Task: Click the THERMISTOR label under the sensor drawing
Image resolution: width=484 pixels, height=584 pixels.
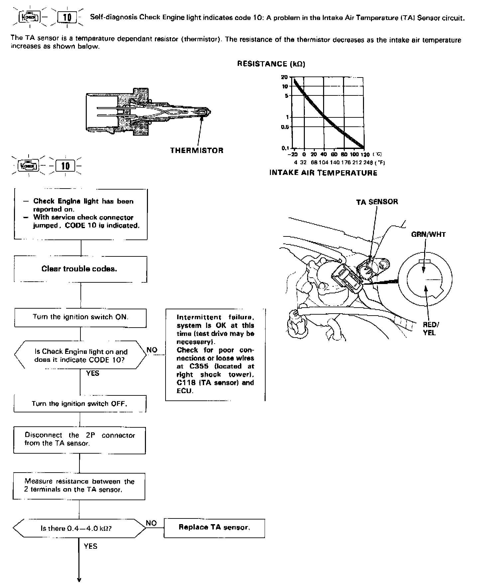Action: coord(197,150)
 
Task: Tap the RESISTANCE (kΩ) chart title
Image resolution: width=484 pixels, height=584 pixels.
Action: coord(271,64)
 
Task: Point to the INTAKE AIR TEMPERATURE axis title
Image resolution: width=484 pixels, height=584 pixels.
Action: coord(323,173)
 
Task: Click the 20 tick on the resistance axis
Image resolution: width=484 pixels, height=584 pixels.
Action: coord(284,77)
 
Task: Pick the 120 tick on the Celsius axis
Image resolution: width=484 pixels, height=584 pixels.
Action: coord(365,155)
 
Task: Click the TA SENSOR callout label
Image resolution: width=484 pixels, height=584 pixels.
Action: coord(377,202)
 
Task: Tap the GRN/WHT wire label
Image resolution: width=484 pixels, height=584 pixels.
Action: coord(428,234)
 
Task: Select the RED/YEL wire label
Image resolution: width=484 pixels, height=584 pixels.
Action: coord(429,329)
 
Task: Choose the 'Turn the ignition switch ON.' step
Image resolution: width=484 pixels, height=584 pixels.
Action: coord(80,317)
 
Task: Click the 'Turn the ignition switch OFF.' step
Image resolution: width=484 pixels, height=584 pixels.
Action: coord(80,404)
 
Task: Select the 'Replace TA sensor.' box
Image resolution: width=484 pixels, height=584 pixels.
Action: coord(214,527)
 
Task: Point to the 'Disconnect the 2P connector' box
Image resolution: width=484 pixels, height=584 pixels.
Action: coord(80,439)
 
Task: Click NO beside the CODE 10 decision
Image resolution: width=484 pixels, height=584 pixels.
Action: coord(152,350)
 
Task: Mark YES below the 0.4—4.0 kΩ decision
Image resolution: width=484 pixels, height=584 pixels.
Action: coord(90,546)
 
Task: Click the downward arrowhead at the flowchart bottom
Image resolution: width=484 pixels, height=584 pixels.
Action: coord(79,579)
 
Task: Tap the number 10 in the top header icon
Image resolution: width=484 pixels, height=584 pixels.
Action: coord(67,17)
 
